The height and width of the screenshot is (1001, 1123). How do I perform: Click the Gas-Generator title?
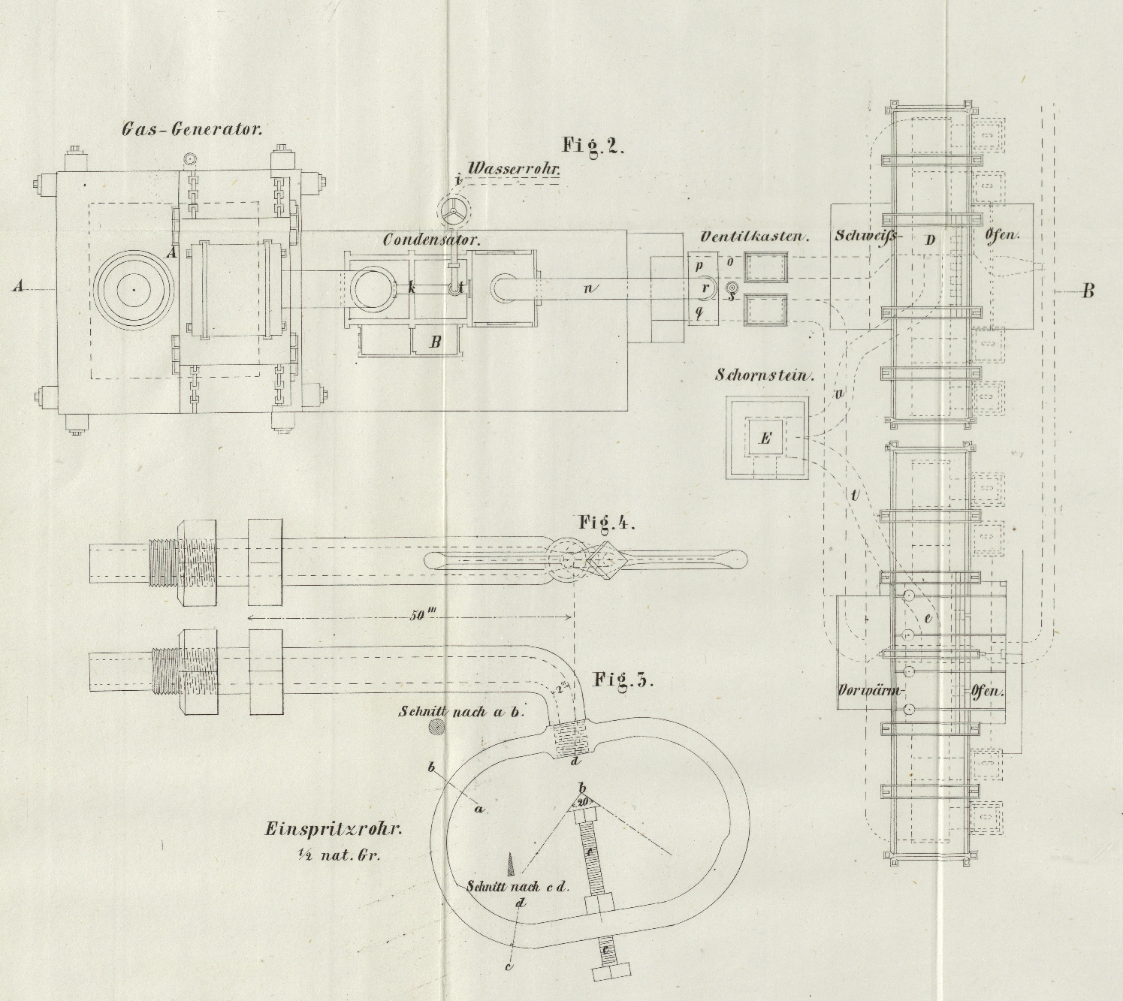pyautogui.click(x=192, y=128)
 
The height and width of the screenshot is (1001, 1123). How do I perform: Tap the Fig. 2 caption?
pyautogui.click(x=593, y=145)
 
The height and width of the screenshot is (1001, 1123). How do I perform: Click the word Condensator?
pyautogui.click(x=431, y=240)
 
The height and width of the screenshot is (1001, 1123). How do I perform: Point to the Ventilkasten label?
pyautogui.click(x=753, y=237)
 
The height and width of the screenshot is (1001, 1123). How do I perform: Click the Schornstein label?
pyautogui.click(x=765, y=375)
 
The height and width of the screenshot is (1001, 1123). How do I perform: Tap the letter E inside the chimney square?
pyautogui.click(x=765, y=439)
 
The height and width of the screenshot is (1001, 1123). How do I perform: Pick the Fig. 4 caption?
pyautogui.click(x=606, y=523)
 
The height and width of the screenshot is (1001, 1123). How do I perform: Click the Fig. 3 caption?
pyautogui.click(x=623, y=680)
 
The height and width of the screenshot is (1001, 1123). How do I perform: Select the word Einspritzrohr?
pyautogui.click(x=334, y=830)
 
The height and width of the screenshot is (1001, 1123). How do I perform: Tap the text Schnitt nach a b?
pyautogui.click(x=462, y=711)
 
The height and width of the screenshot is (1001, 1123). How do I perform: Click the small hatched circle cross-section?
pyautogui.click(x=435, y=727)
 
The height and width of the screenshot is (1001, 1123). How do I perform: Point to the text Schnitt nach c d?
pyautogui.click(x=518, y=886)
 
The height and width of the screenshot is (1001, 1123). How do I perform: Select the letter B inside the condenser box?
pyautogui.click(x=435, y=342)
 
